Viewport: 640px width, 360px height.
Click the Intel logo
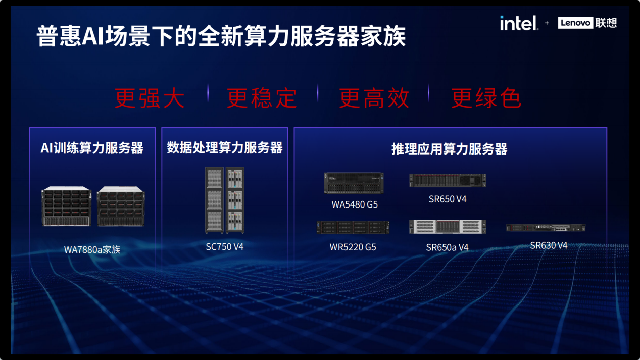519,23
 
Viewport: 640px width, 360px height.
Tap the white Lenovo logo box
575,23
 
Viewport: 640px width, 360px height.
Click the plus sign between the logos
547,23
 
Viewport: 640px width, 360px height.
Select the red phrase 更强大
150,98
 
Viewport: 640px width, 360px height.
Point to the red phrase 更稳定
262,98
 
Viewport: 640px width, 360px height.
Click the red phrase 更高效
374,98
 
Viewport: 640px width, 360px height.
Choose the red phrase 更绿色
486,98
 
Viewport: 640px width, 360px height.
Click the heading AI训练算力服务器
92,148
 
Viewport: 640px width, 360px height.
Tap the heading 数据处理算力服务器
225,148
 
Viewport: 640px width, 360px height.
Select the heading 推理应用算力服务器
450,149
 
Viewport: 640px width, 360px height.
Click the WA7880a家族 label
92,250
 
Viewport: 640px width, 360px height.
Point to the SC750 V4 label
225,247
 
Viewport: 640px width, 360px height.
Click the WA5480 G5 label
355,204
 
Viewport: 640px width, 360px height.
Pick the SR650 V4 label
448,199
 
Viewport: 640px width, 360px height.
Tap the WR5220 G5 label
353,247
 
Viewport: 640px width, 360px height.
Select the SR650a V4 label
447,247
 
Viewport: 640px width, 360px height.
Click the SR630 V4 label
549,245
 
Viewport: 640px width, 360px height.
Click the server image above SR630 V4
546,228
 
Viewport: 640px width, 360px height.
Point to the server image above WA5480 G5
354,183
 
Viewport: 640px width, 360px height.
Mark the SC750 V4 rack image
225,200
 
